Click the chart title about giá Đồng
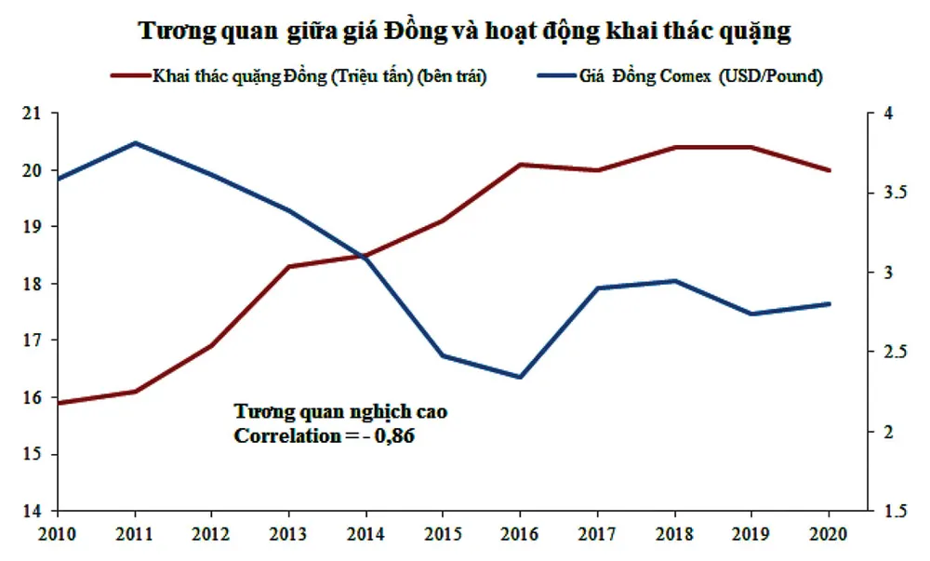point(464,31)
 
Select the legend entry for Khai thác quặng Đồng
point(311,77)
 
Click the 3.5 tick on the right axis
point(883,193)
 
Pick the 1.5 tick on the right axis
point(883,511)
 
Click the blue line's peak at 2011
point(135,143)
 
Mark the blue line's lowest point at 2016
point(520,377)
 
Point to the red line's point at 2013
point(289,266)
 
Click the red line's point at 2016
point(520,165)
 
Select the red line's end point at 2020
point(829,170)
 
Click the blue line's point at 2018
point(674,281)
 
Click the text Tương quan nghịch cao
point(326,411)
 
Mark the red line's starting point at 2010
point(59,403)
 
